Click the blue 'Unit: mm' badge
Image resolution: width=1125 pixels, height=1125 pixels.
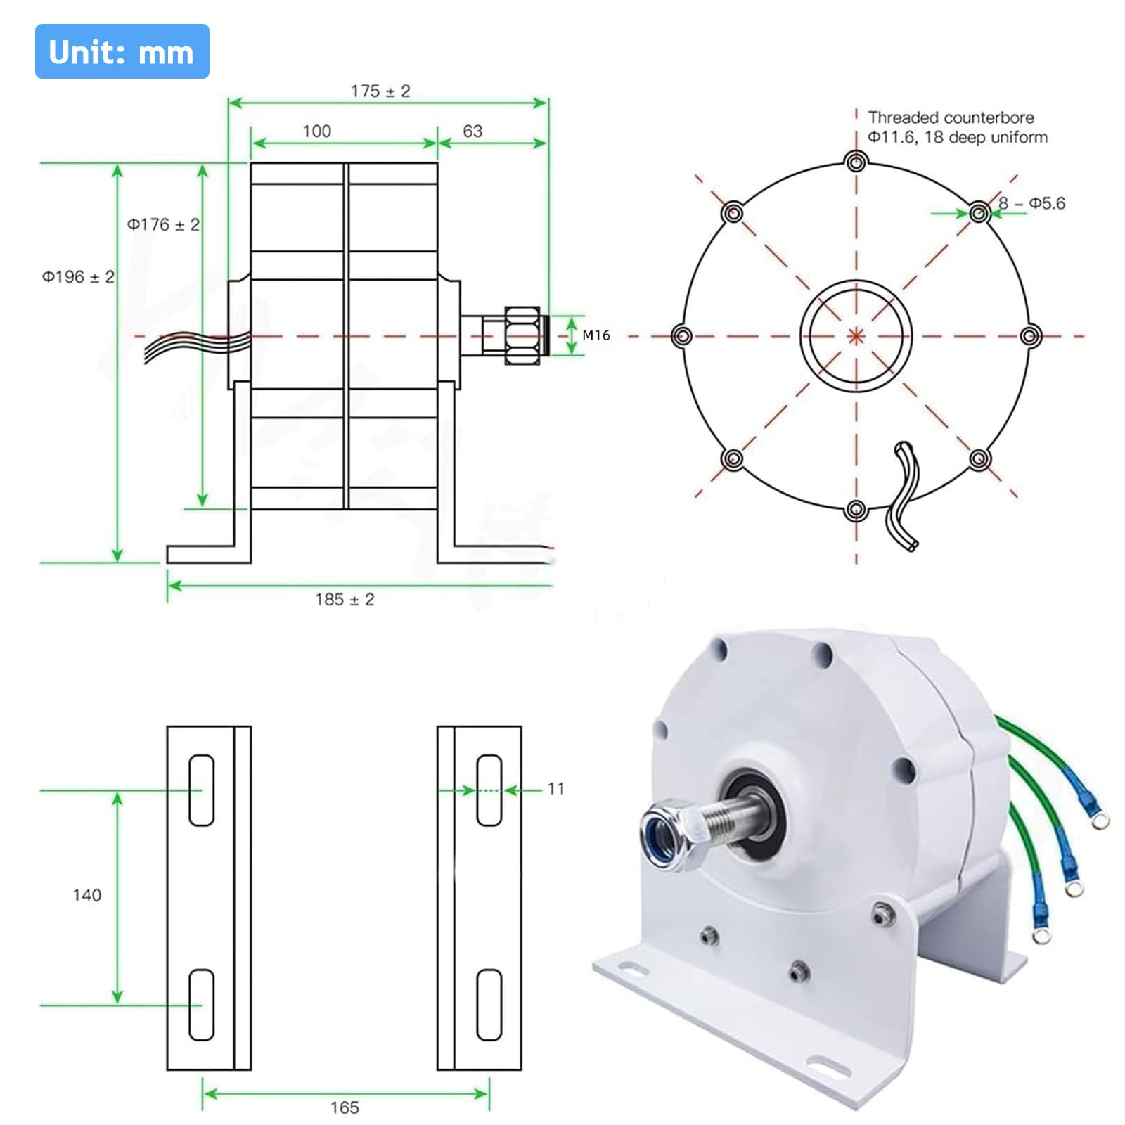point(122,51)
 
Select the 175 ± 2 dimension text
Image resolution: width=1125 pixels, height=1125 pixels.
point(380,91)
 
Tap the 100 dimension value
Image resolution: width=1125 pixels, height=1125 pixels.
point(316,131)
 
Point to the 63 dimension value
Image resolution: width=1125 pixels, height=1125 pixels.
point(472,131)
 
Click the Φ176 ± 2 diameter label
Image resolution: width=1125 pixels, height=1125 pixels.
point(163,224)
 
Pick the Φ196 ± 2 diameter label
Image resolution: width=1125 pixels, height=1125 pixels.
point(78,277)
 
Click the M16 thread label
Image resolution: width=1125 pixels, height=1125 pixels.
point(596,335)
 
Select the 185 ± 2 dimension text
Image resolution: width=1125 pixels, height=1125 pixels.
point(345,599)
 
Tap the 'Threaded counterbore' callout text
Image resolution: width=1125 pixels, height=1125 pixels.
point(951,117)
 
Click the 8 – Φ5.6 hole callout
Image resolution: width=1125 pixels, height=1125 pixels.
point(1031,203)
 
